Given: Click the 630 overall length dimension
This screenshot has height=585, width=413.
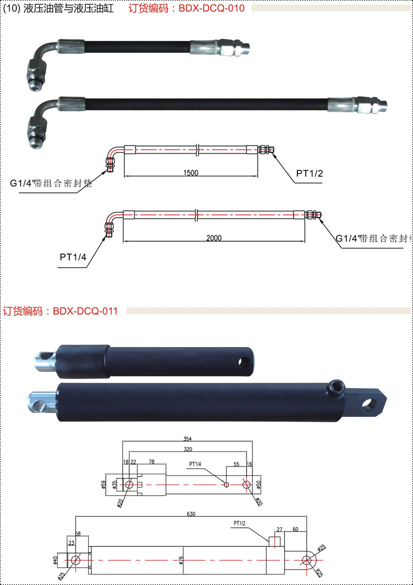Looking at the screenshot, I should [191, 514].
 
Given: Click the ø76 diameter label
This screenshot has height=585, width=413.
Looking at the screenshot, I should [181, 561].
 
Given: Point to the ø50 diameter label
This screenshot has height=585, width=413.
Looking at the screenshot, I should [259, 484].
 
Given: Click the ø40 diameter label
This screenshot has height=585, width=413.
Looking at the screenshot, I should [55, 560].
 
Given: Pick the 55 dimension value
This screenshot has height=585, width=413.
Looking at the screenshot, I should [236, 464].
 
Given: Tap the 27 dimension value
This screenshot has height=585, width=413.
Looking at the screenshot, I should [279, 529].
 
